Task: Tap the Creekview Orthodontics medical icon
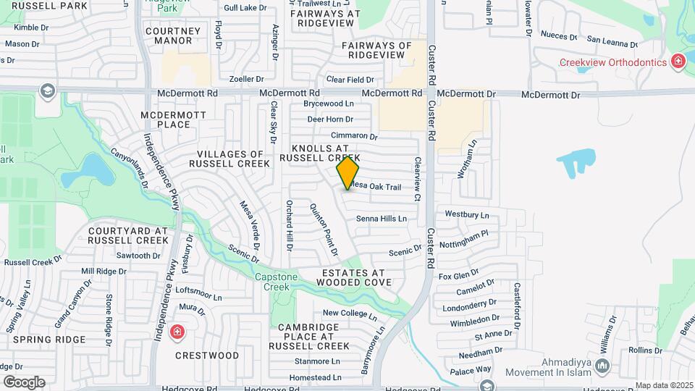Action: tap(678, 62)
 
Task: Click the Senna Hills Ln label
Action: tap(381, 218)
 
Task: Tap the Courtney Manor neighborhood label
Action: tap(169, 35)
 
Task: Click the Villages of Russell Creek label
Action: tap(230, 159)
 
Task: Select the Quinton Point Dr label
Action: tap(324, 230)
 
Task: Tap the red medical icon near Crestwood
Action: tap(176, 333)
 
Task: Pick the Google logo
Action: tap(24, 382)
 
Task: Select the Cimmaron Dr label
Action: tap(354, 136)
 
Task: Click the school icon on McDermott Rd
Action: tap(47, 91)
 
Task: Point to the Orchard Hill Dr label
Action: tap(289, 225)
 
